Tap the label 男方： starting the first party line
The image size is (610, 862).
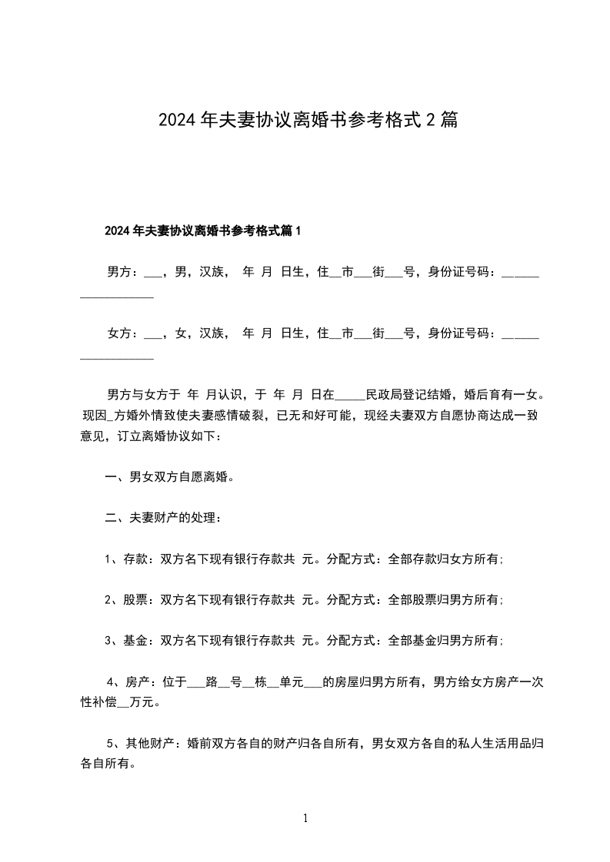click(x=122, y=271)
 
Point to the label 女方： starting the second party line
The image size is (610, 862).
click(x=122, y=333)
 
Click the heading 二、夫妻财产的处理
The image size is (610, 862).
click(x=163, y=518)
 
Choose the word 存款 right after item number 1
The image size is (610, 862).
click(x=135, y=559)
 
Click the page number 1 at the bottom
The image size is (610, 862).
click(x=305, y=819)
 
